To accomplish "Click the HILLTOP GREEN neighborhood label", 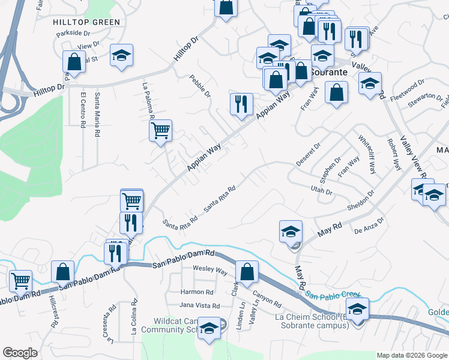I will (86, 22).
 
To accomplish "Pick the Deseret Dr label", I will (309, 155).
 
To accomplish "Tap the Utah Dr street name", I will (322, 191).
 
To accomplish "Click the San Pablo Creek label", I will (333, 295).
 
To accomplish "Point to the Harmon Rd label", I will (197, 292).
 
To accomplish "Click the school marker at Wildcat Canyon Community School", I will (209, 329).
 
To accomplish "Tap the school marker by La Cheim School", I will (357, 310).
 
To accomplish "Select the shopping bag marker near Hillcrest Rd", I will (62, 271).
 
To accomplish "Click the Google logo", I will (20, 353).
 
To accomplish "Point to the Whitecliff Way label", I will (367, 154).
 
